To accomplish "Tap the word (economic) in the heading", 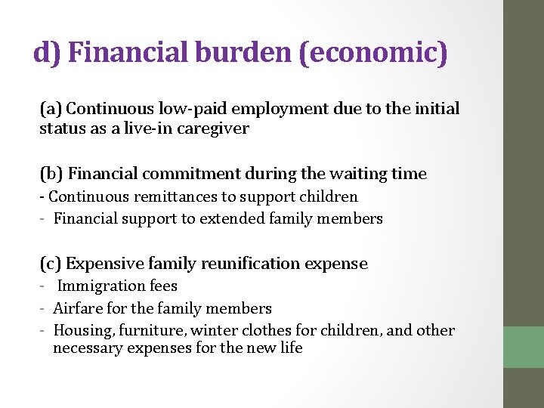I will [373, 53].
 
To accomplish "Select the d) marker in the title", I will [48, 52].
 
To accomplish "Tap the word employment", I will [281, 109].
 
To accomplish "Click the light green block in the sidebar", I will [523, 347].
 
